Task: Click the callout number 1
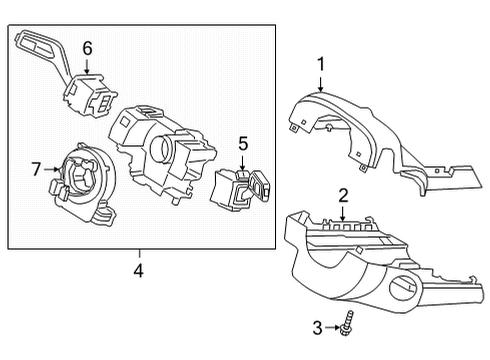321,65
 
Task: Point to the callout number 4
139,270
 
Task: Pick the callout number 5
241,145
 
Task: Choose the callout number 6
87,47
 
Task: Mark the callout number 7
37,170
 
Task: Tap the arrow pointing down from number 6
87,67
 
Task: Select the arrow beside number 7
53,170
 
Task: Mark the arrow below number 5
241,164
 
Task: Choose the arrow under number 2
342,213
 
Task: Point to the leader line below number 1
321,84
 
